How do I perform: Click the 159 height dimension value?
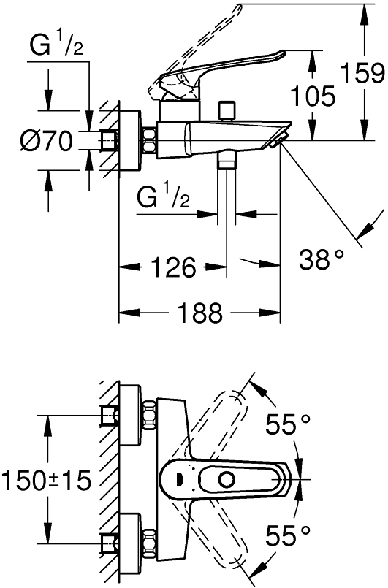(x=362, y=74)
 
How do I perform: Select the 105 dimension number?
(x=313, y=95)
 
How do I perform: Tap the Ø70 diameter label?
(x=46, y=142)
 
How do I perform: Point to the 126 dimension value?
(x=173, y=267)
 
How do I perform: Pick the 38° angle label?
(x=322, y=259)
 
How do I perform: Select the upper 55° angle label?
(x=288, y=424)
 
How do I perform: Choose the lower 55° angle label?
(x=288, y=535)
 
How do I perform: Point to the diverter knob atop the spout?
(x=227, y=109)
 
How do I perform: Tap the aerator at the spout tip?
(x=278, y=139)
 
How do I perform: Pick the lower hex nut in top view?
(x=150, y=541)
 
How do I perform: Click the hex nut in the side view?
(x=150, y=140)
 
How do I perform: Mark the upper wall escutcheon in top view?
(x=131, y=416)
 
